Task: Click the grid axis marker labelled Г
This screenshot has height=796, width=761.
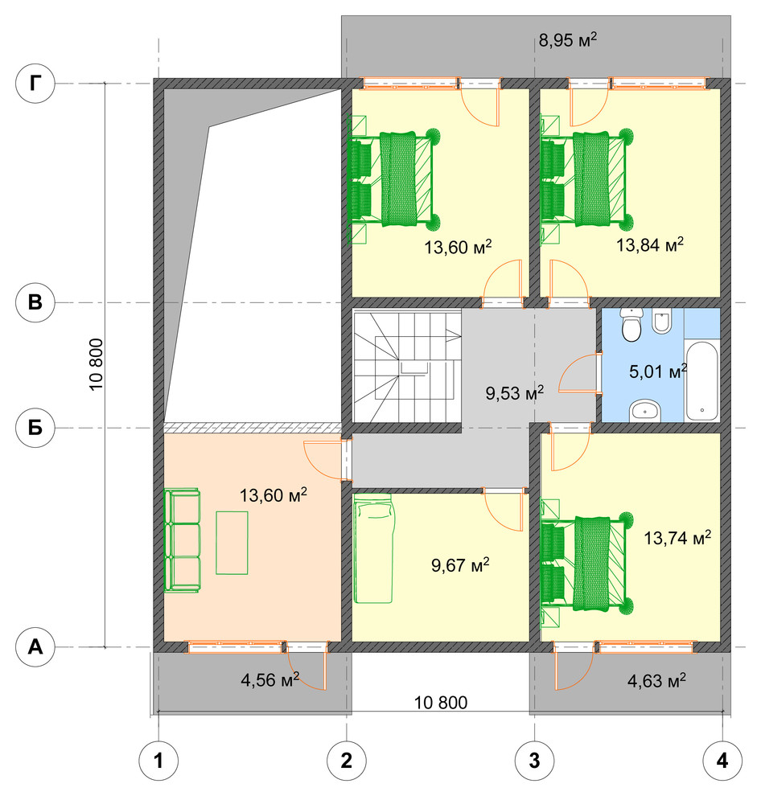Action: click(x=35, y=84)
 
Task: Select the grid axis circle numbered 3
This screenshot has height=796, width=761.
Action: click(x=534, y=761)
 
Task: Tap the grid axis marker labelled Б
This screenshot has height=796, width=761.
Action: click(x=35, y=428)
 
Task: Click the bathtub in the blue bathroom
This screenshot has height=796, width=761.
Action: click(x=701, y=381)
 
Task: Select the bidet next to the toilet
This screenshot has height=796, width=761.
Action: click(x=662, y=321)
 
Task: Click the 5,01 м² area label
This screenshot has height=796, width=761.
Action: click(x=658, y=371)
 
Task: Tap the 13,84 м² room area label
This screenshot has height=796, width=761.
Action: click(x=650, y=244)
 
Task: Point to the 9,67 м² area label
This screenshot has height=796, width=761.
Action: click(x=460, y=564)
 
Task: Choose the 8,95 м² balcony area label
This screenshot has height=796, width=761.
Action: click(x=567, y=39)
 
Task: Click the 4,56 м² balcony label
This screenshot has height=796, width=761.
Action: click(x=269, y=679)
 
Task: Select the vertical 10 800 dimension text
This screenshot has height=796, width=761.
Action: click(x=96, y=364)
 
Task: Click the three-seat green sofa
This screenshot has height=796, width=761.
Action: click(x=182, y=540)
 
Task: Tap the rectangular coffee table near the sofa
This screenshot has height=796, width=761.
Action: click(x=232, y=543)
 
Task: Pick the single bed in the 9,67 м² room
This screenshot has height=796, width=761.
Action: click(x=373, y=548)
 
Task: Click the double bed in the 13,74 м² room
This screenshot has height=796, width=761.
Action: click(x=587, y=563)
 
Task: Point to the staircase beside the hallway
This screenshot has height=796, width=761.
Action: click(x=407, y=367)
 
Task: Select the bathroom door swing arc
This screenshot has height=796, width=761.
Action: click(x=578, y=374)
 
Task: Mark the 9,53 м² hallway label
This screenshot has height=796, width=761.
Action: click(x=515, y=392)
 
